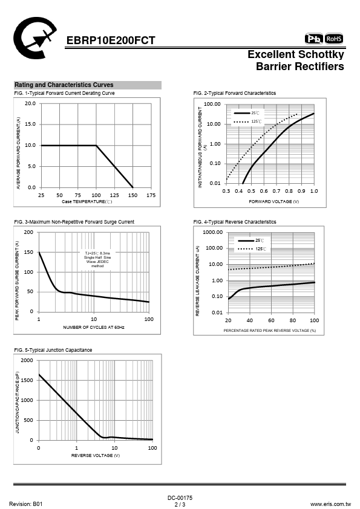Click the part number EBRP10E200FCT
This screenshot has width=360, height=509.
click(111, 41)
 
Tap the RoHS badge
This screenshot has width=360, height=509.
click(334, 39)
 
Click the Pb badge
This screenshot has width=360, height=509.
click(313, 39)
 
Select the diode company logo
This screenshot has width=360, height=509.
click(34, 37)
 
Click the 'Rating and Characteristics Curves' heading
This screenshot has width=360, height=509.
click(64, 85)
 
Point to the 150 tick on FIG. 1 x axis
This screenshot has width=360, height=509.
click(133, 195)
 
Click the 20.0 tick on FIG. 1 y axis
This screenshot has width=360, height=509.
click(30, 103)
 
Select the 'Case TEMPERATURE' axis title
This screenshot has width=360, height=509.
click(87, 201)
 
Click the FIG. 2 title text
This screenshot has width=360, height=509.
click(235, 93)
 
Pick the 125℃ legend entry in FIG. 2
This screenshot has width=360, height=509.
click(247, 122)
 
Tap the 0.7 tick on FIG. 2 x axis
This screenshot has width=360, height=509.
click(276, 191)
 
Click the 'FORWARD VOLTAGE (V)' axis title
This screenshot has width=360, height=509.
click(274, 201)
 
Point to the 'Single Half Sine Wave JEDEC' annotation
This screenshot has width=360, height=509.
click(97, 259)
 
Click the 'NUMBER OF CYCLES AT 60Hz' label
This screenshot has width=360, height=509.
click(94, 327)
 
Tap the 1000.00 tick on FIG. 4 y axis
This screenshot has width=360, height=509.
click(213, 232)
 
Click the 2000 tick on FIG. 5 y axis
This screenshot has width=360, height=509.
click(27, 360)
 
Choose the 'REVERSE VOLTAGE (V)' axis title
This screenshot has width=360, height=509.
click(96, 455)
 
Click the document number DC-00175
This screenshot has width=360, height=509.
click(180, 498)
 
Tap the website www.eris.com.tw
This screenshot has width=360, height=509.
click(330, 504)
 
